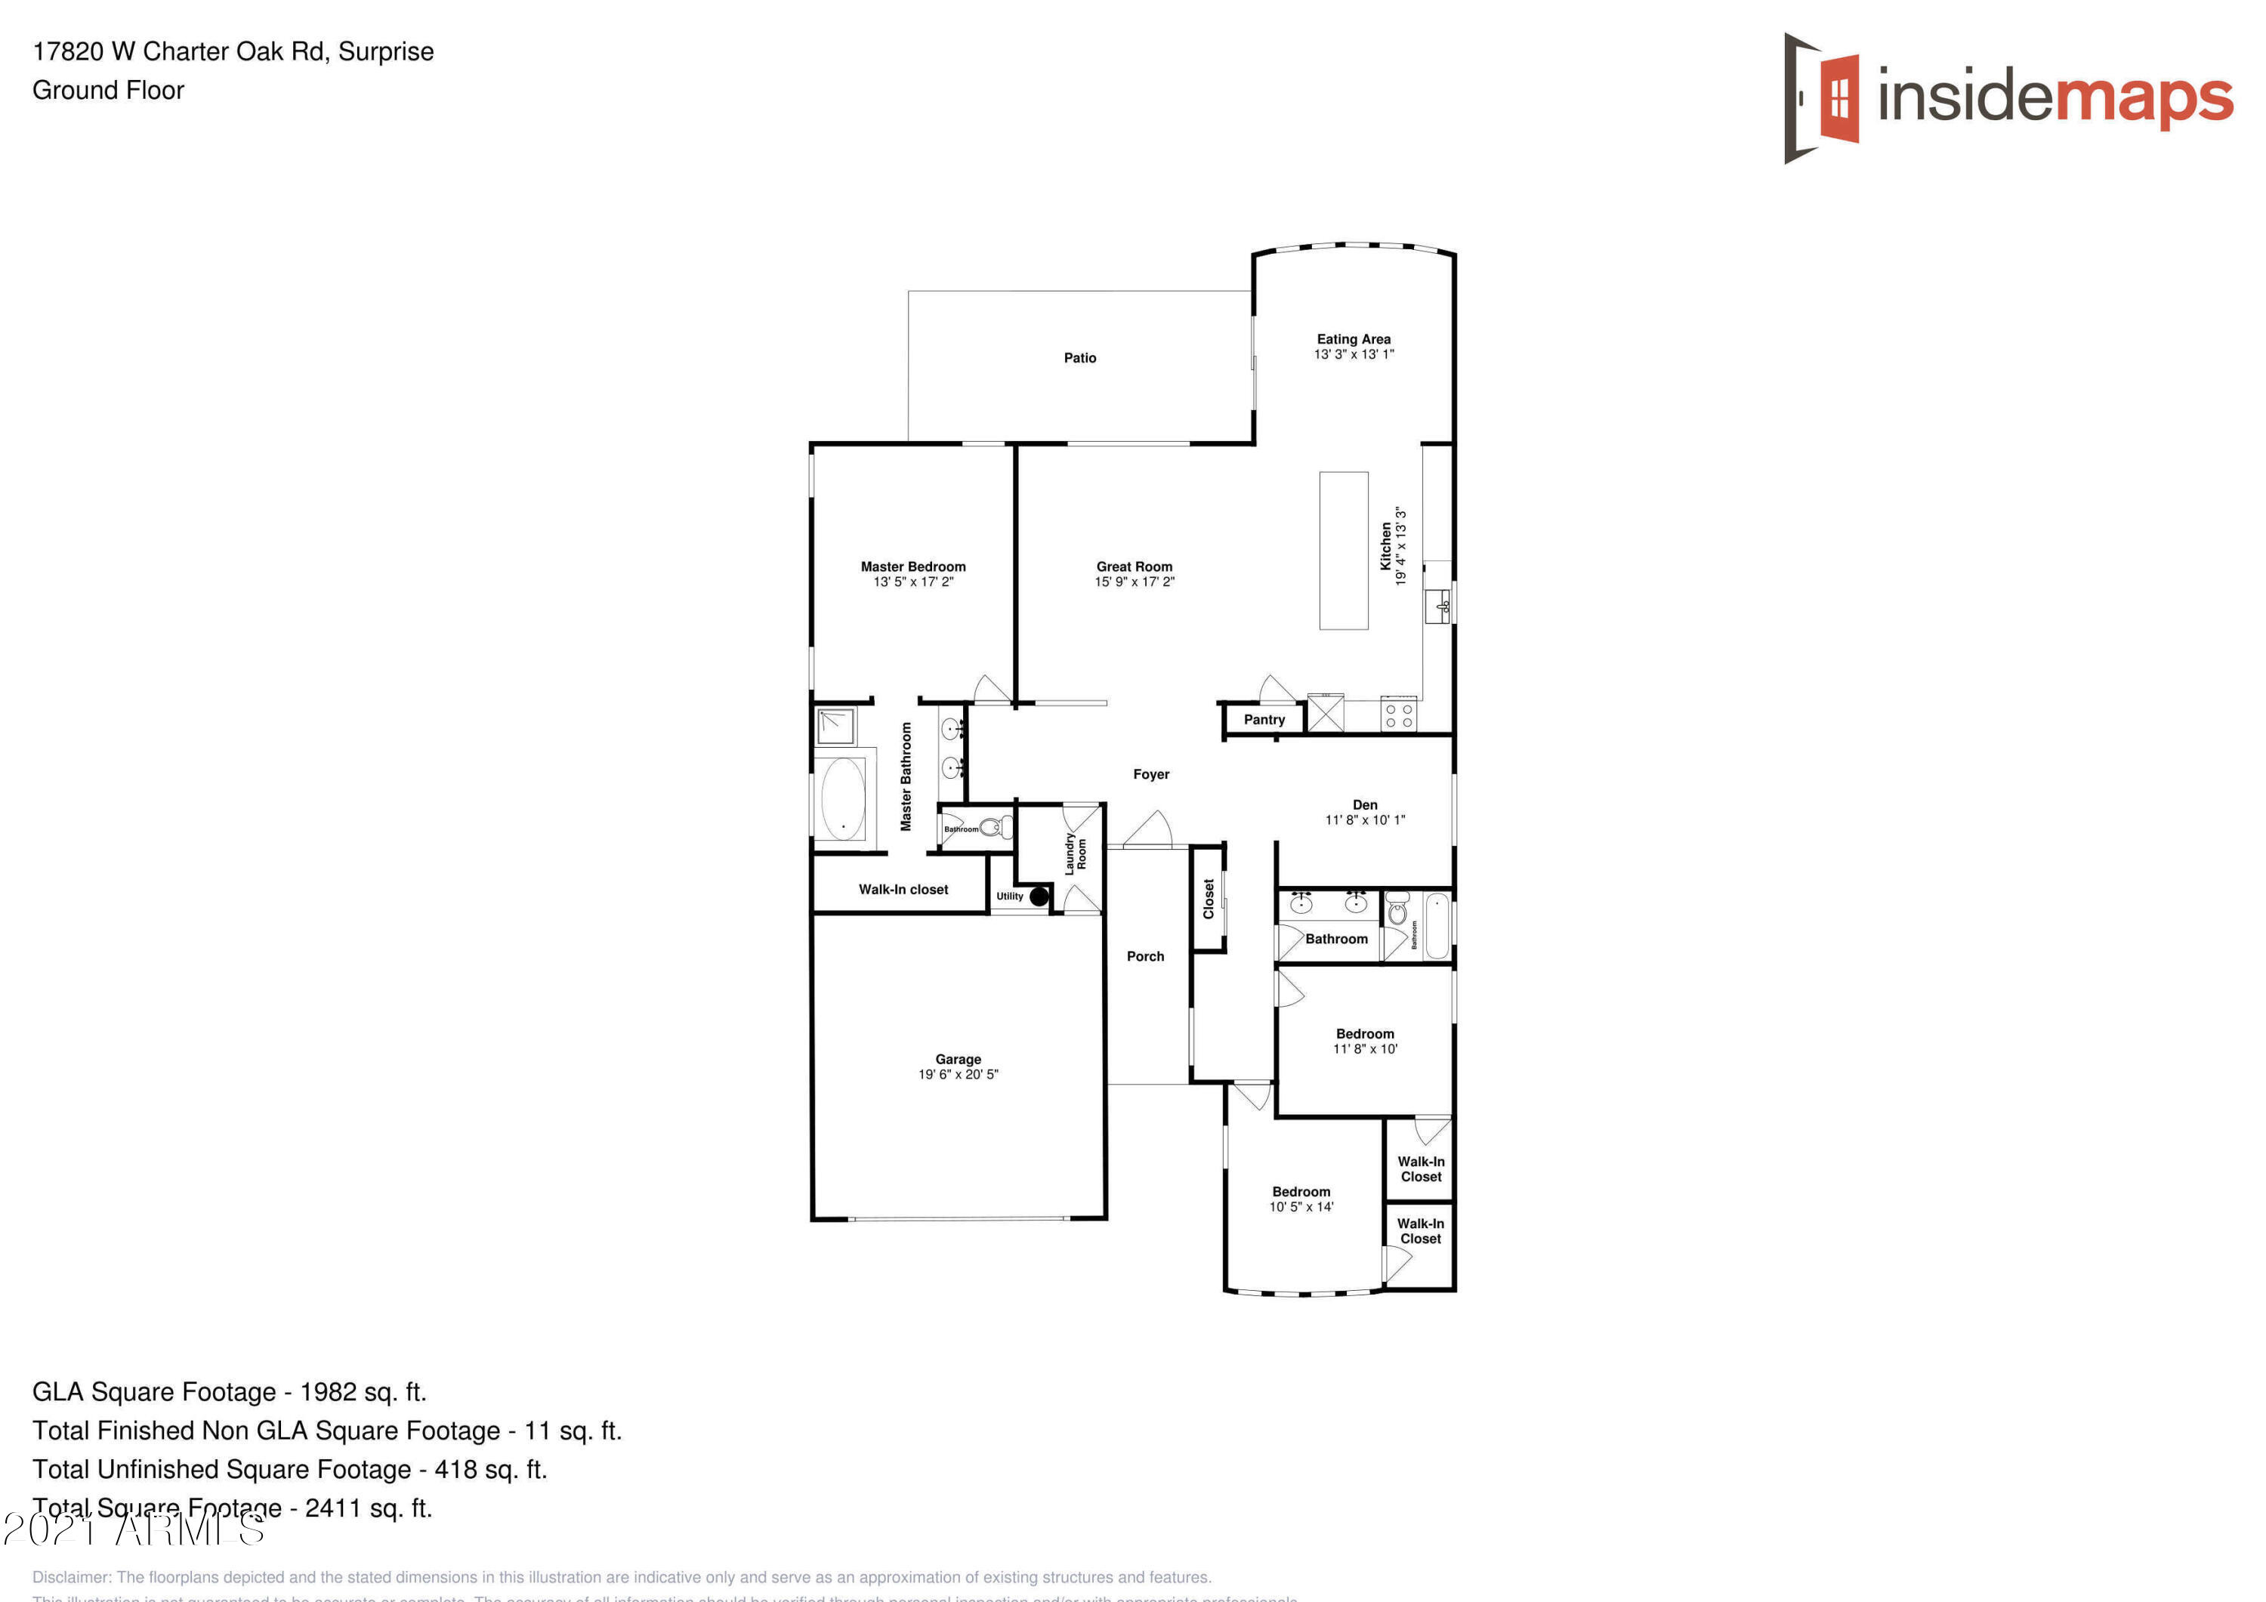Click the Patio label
coord(1079,357)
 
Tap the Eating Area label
coord(1353,338)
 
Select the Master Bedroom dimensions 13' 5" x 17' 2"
coord(913,582)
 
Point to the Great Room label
coord(1134,566)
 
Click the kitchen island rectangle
coord(1343,550)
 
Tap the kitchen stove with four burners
coord(1398,715)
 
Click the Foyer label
coord(1151,775)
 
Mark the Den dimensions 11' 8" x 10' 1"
coord(1365,820)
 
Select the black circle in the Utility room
coord(1039,897)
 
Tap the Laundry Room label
coord(1075,853)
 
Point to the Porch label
coord(1145,956)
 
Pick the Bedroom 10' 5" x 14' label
coord(1301,1191)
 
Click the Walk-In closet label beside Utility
coord(903,889)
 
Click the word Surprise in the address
coord(386,51)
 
